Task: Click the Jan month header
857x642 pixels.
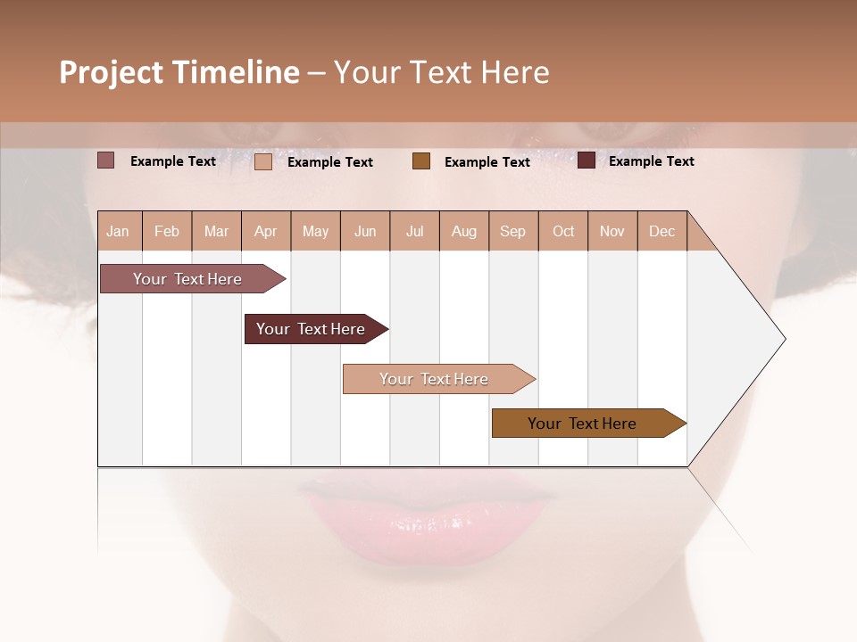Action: pos(118,232)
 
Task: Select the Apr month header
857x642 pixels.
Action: pos(265,232)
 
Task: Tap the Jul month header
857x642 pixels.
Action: pos(414,232)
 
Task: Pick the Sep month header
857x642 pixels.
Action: pos(512,232)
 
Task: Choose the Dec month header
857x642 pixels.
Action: pos(661,232)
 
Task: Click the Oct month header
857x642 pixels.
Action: pos(563,232)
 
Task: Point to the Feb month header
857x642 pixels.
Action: pos(167,232)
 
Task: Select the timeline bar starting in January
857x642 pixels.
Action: pos(187,279)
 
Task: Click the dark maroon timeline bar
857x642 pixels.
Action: pos(311,329)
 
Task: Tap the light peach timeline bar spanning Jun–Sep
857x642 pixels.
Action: pos(434,379)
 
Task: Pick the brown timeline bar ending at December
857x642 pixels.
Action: pos(582,424)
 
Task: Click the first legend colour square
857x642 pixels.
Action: pos(105,160)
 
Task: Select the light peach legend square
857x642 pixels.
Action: pos(262,161)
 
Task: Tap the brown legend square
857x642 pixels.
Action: pos(421,160)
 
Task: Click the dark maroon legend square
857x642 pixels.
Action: pos(586,160)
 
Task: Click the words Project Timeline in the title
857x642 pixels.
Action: pos(179,72)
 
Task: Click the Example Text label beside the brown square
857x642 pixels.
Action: pos(487,161)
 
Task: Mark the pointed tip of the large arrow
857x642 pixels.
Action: pos(784,339)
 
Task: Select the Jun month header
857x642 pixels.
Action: pos(365,232)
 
